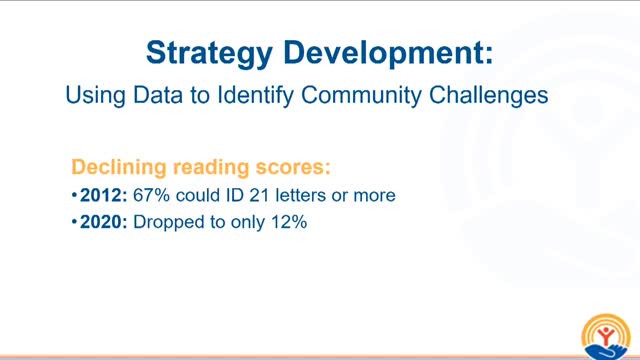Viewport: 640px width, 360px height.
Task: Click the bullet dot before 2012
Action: (x=74, y=196)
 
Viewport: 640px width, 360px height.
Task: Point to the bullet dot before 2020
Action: (x=74, y=224)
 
